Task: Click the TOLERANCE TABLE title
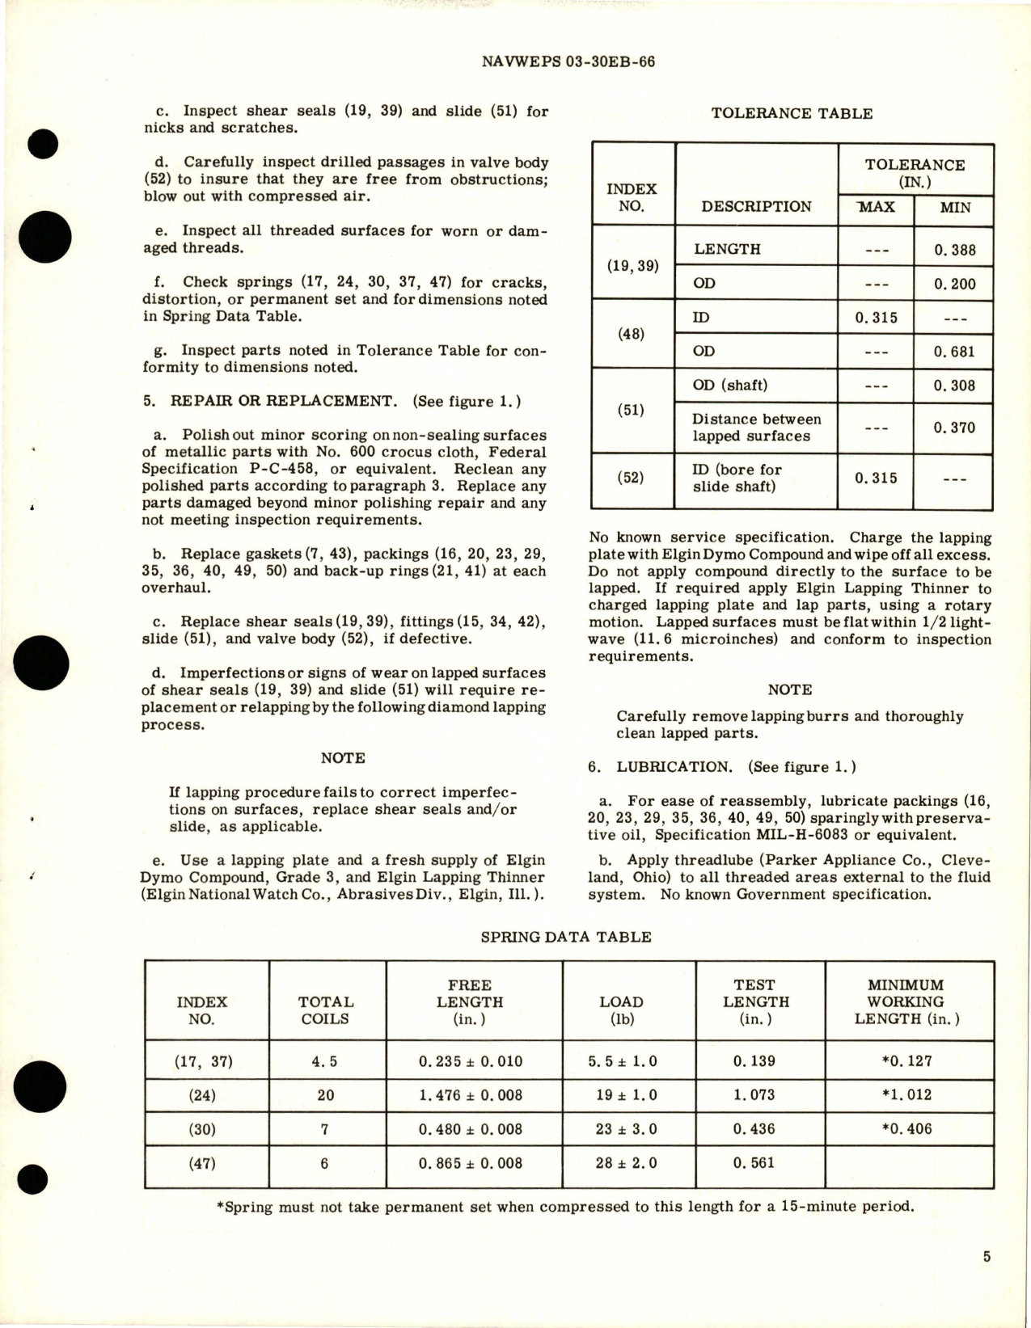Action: click(791, 114)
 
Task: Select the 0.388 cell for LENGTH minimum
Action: click(954, 250)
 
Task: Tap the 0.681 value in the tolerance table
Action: click(954, 352)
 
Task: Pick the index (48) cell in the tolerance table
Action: click(631, 334)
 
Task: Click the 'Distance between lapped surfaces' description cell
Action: click(756, 428)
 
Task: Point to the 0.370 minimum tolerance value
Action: click(954, 428)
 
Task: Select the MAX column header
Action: click(876, 207)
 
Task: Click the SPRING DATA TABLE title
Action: click(565, 937)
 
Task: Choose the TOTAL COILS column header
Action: click(325, 1010)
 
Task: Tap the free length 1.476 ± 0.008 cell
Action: click(470, 1095)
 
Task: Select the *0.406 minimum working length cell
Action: click(906, 1129)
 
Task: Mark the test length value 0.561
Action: click(753, 1163)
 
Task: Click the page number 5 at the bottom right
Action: click(987, 1257)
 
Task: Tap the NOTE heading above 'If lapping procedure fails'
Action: click(342, 758)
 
